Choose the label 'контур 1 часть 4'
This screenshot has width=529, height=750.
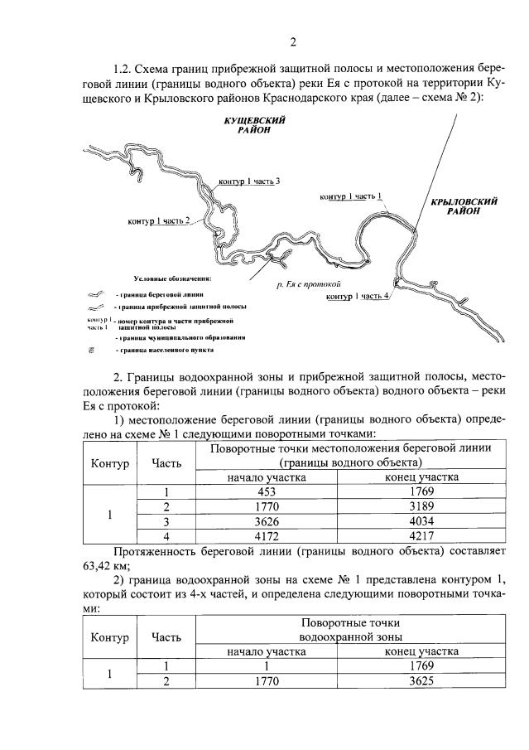click(358, 297)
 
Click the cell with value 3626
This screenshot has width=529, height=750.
click(266, 522)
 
